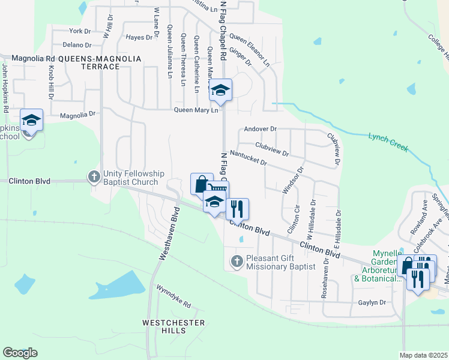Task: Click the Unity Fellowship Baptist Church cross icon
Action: [94, 177]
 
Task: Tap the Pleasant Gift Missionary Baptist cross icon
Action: [237, 261]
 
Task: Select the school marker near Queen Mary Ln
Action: [220, 91]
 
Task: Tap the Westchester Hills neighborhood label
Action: [173, 328]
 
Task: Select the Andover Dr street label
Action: [260, 129]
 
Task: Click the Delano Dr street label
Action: [77, 45]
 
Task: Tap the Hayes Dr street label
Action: [139, 37]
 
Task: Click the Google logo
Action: [20, 353]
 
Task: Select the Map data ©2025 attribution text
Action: [423, 355]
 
